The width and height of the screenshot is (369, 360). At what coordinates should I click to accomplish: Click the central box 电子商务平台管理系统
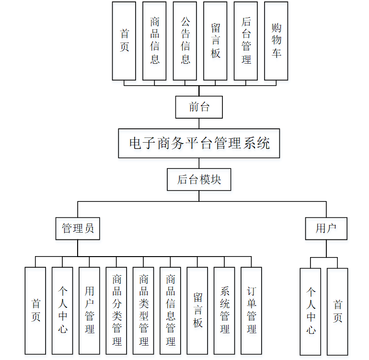pyautogui.click(x=199, y=143)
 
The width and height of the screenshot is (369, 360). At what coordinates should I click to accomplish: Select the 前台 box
pyautogui.click(x=199, y=107)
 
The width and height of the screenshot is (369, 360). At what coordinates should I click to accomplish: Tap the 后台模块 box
pyautogui.click(x=199, y=180)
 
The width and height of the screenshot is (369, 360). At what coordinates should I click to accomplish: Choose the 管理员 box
pyautogui.click(x=78, y=228)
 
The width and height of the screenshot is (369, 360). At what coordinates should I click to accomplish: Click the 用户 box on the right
pyautogui.click(x=326, y=228)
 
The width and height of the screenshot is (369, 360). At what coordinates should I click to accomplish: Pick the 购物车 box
pyautogui.click(x=276, y=41)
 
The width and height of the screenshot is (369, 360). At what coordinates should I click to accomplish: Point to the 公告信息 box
pyautogui.click(x=185, y=41)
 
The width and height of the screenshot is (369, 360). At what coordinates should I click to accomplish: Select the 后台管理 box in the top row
pyautogui.click(x=246, y=41)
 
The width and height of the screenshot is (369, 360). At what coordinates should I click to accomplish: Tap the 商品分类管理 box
pyautogui.click(x=116, y=310)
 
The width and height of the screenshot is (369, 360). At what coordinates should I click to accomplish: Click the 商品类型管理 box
pyautogui.click(x=143, y=310)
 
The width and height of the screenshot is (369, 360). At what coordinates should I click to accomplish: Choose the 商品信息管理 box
pyautogui.click(x=170, y=310)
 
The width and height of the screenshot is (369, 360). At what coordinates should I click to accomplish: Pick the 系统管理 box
pyautogui.click(x=224, y=310)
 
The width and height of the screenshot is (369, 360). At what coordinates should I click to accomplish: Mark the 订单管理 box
pyautogui.click(x=251, y=310)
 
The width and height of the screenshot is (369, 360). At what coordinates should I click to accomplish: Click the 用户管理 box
pyautogui.click(x=89, y=310)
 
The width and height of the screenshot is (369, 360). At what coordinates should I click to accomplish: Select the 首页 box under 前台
pyautogui.click(x=124, y=41)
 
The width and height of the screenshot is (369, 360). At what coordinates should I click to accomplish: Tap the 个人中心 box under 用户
pyautogui.click(x=311, y=311)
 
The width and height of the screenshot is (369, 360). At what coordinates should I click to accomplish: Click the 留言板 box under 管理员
pyautogui.click(x=197, y=310)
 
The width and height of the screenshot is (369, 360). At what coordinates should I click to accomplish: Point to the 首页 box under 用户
pyautogui.click(x=338, y=311)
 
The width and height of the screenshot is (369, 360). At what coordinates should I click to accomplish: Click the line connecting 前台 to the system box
pyautogui.click(x=199, y=124)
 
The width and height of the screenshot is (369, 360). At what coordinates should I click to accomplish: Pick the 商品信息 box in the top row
pyautogui.click(x=154, y=41)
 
